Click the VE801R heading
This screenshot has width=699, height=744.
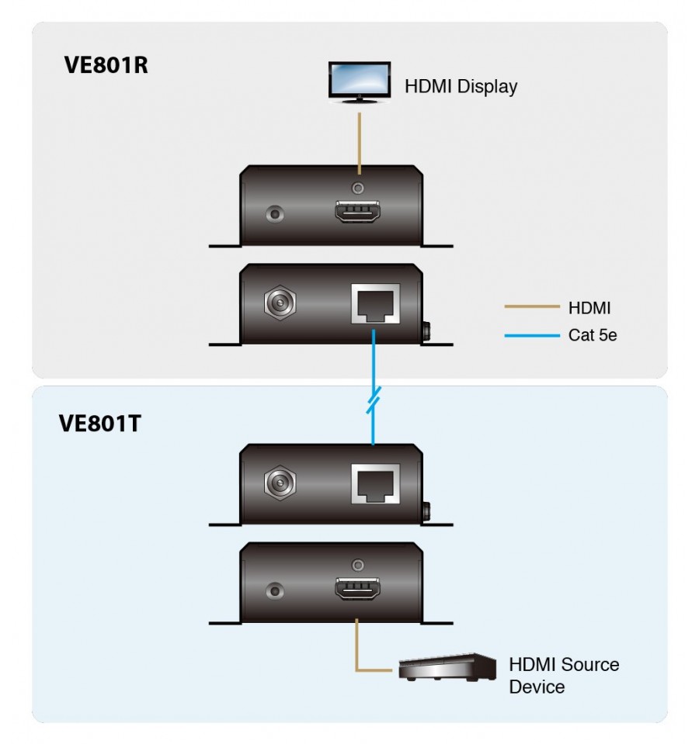tap(106, 65)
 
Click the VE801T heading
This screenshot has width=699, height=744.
tap(99, 424)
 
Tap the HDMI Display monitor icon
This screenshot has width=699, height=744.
tap(360, 82)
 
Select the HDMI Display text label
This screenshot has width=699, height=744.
tap(461, 87)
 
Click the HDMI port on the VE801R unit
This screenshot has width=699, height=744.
tap(357, 212)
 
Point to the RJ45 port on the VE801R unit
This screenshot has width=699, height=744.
tap(375, 303)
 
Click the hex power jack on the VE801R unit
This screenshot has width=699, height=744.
tap(280, 303)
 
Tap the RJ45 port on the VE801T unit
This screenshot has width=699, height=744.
tap(375, 484)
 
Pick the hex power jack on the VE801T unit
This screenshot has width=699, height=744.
tap(280, 483)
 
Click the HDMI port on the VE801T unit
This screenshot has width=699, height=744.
tap(357, 589)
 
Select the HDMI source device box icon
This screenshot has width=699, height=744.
tap(447, 667)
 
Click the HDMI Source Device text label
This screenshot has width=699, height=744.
tap(564, 676)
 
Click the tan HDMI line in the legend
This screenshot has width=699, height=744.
tap(532, 306)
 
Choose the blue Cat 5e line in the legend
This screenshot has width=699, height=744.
tap(532, 335)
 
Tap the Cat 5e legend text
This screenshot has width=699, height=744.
tap(592, 335)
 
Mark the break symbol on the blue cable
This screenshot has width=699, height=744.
tap(374, 400)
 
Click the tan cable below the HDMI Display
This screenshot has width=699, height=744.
tap(360, 144)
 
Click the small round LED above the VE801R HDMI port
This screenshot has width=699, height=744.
tap(358, 189)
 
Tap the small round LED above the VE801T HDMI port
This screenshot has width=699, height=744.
tap(358, 566)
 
